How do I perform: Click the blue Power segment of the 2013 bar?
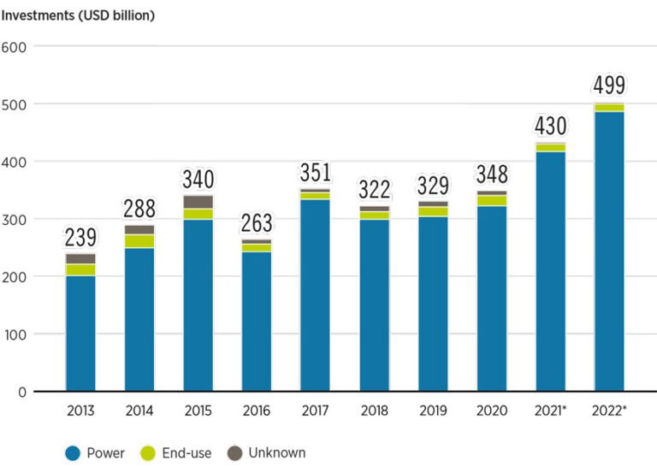pyautogui.click(x=80, y=333)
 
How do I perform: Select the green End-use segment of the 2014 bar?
pyautogui.click(x=139, y=241)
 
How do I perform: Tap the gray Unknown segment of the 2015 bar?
pyautogui.click(x=198, y=202)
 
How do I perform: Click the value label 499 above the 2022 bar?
pyautogui.click(x=609, y=86)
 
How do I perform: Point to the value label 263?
pyautogui.click(x=257, y=223)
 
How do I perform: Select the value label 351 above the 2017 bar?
pyautogui.click(x=315, y=173)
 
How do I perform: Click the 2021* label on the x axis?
pyautogui.click(x=550, y=411)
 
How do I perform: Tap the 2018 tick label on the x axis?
pyautogui.click(x=374, y=411)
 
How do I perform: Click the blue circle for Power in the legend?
pyautogui.click(x=74, y=453)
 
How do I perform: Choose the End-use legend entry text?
pyautogui.click(x=188, y=453)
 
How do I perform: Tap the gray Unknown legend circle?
pyautogui.click(x=235, y=453)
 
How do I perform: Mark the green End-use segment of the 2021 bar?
pyautogui.click(x=550, y=147)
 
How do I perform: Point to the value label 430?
pyautogui.click(x=550, y=126)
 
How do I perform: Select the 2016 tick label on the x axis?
pyautogui.click(x=257, y=411)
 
